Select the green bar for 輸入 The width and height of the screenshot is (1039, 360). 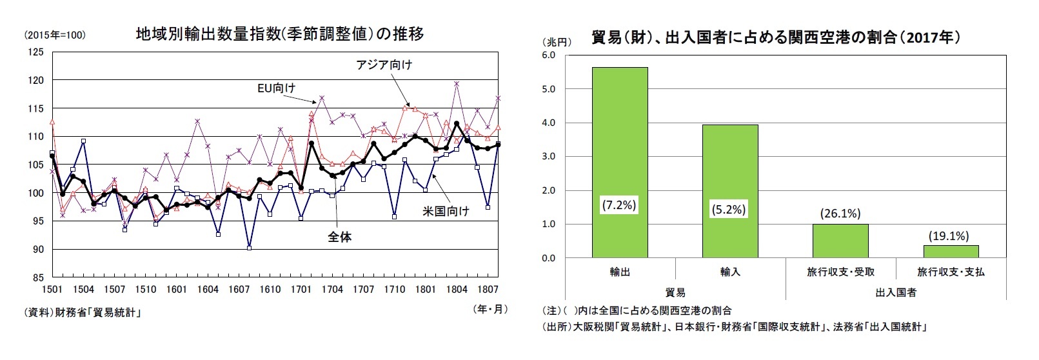[x=729, y=191]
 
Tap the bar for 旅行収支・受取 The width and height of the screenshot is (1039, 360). [x=840, y=241]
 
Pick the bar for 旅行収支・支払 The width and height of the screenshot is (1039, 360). [x=950, y=252]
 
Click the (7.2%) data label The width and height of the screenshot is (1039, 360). [x=619, y=205]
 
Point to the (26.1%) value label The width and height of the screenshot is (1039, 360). [x=840, y=214]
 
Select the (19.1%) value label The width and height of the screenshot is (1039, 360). [x=948, y=235]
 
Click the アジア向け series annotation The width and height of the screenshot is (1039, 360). [x=384, y=65]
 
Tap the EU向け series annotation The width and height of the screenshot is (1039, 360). [x=276, y=88]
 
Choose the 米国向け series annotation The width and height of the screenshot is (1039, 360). [x=446, y=211]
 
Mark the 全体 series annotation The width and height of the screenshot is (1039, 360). [x=339, y=237]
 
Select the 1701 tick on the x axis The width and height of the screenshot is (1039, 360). [x=301, y=290]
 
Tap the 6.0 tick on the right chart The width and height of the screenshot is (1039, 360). [x=548, y=55]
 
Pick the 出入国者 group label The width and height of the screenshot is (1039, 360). [x=895, y=292]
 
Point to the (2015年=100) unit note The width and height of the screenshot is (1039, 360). [x=54, y=35]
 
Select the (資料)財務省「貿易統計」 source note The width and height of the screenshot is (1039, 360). [x=82, y=313]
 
